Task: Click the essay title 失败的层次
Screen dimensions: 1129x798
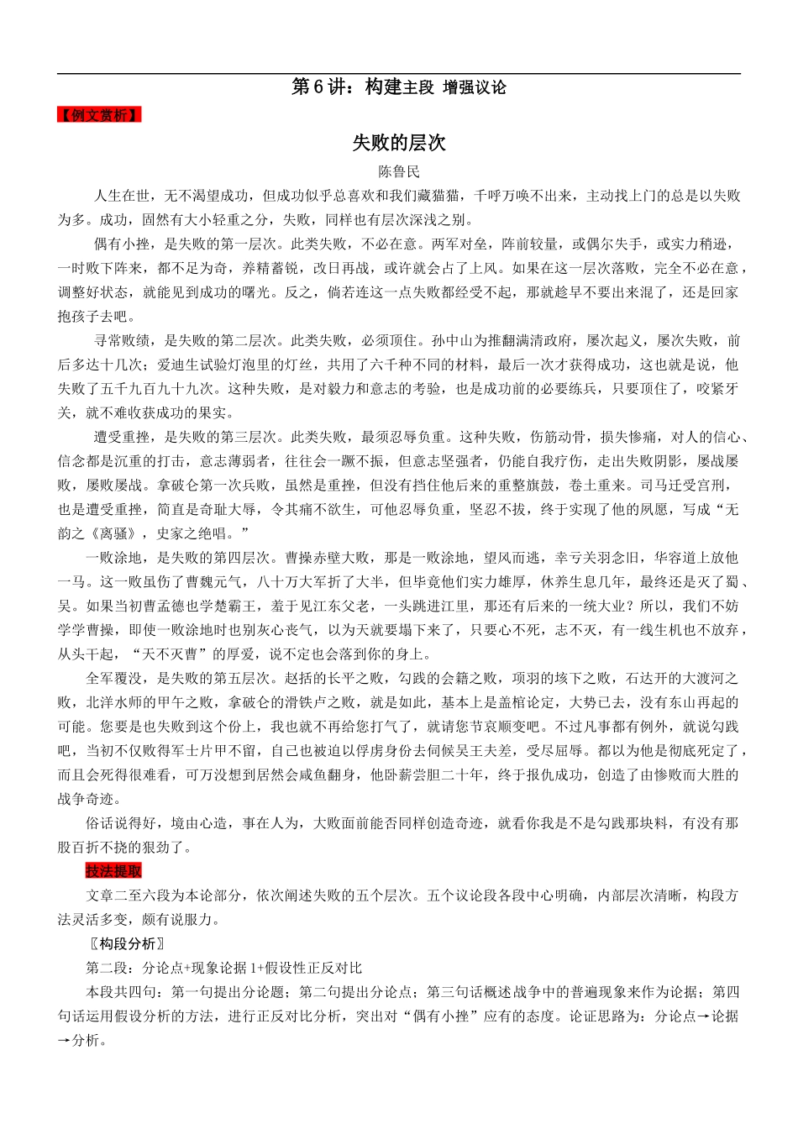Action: point(398,144)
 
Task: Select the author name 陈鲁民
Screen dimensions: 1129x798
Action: point(399,172)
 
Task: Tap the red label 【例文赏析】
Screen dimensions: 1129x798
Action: point(99,116)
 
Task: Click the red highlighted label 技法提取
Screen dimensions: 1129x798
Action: point(113,871)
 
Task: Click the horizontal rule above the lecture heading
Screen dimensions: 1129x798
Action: point(399,74)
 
